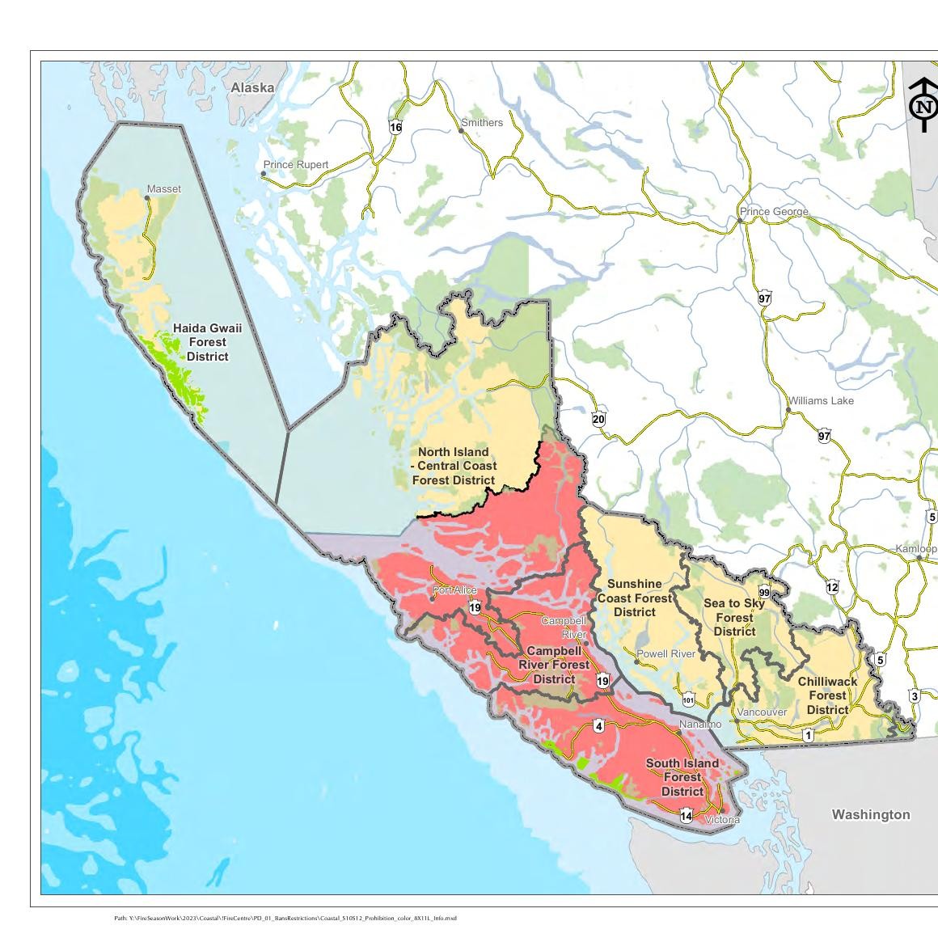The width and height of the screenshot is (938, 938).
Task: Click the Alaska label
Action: point(252,87)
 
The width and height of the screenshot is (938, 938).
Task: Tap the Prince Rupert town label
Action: point(296,165)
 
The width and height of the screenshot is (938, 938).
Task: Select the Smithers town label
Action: point(482,123)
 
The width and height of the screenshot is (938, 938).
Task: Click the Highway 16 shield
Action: point(395,127)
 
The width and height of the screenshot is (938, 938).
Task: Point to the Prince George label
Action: point(774,212)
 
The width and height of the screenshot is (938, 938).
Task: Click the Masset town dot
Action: point(147,197)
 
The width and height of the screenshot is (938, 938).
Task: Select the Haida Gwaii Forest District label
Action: point(207,342)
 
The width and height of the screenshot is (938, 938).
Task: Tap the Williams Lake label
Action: point(822,400)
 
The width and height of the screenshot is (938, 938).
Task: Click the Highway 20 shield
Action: point(598,419)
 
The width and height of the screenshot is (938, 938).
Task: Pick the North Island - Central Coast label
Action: point(453,466)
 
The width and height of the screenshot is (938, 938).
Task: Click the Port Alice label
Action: point(454,590)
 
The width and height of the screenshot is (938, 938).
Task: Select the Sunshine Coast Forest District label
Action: point(634,598)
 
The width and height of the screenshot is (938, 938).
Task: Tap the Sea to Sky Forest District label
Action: point(734,617)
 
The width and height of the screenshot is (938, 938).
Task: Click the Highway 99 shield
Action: point(764,593)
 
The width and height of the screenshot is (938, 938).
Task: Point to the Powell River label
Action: point(666,653)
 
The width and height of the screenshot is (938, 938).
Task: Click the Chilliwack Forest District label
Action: point(827,695)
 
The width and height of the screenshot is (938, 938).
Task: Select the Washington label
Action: point(871,814)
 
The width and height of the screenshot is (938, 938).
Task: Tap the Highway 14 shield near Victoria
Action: point(686,816)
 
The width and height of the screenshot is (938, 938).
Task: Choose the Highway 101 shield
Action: point(688,700)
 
